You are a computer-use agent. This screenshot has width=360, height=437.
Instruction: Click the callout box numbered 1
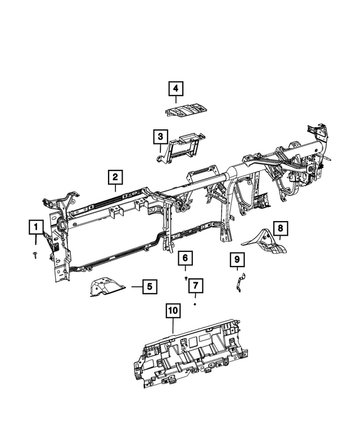[35, 227]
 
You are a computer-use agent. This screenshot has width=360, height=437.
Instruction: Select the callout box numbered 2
[115, 178]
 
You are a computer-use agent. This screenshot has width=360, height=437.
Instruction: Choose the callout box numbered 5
[148, 287]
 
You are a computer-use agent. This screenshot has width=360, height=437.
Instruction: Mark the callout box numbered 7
[195, 285]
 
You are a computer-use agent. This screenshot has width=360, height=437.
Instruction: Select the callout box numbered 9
[237, 260]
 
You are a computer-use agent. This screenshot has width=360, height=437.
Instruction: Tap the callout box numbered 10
[173, 310]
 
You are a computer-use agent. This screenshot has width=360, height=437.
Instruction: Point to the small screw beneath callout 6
[186, 277]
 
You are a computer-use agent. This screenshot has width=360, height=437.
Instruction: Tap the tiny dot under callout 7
[195, 304]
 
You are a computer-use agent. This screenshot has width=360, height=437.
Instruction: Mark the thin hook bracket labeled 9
[240, 281]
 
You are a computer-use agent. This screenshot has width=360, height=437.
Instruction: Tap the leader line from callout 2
[115, 188]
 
